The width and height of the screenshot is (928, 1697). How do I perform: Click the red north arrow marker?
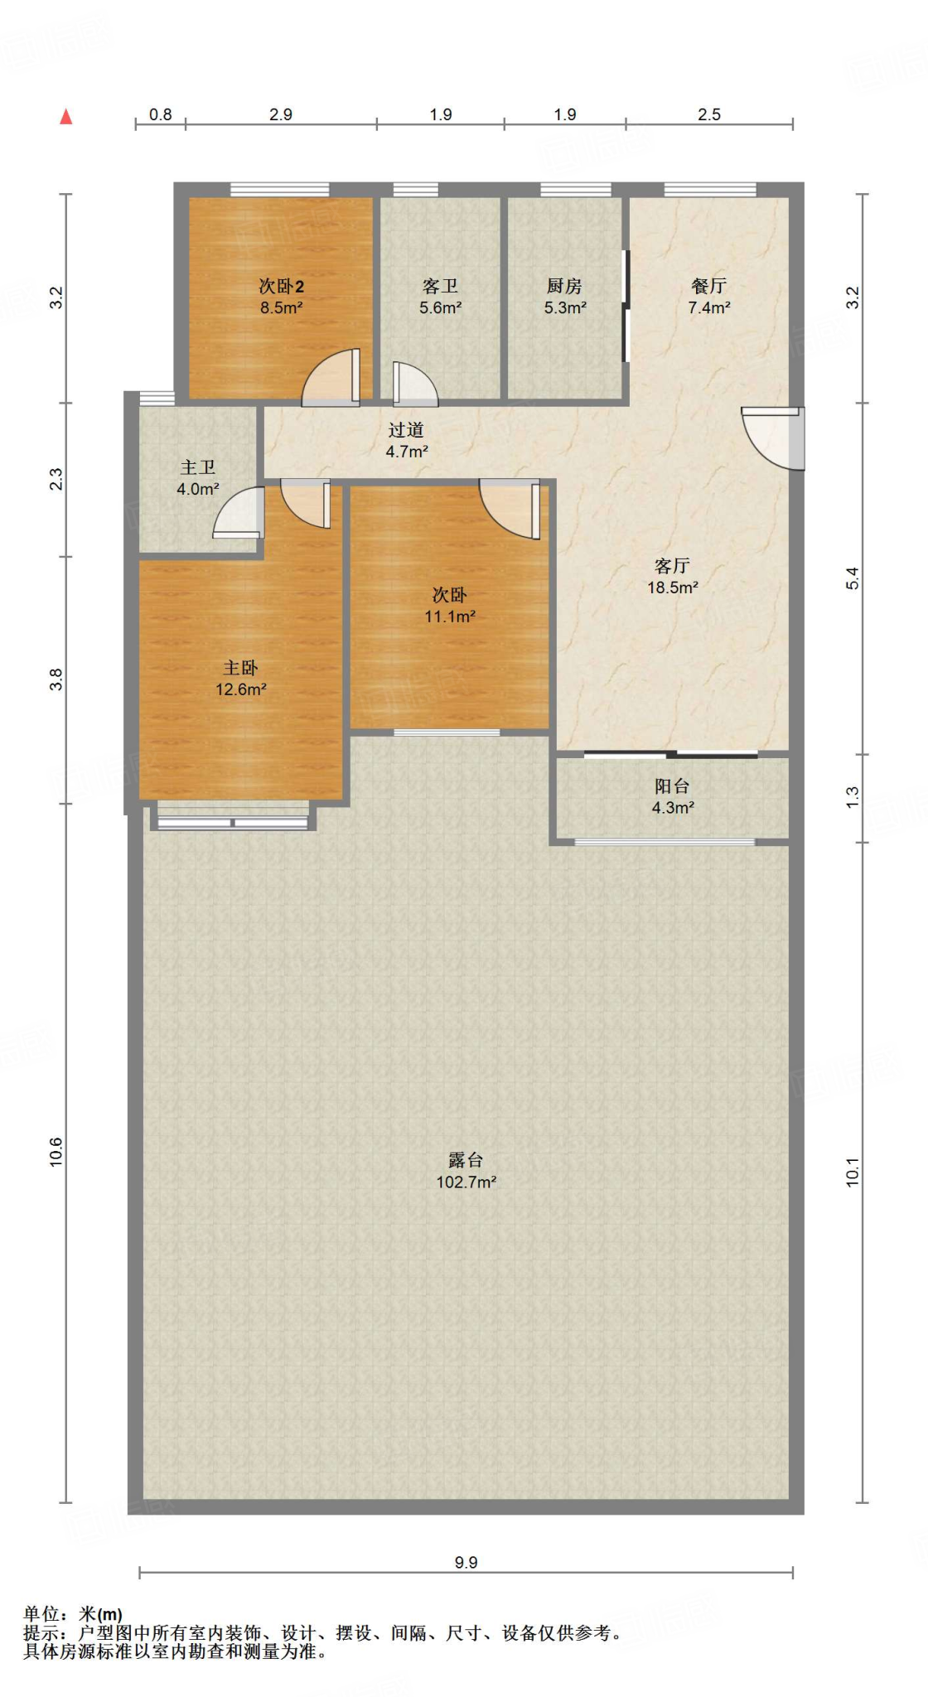pyautogui.click(x=66, y=117)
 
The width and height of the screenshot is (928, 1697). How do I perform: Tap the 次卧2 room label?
pyautogui.click(x=281, y=296)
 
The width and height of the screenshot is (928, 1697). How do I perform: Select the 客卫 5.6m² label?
pyautogui.click(x=440, y=296)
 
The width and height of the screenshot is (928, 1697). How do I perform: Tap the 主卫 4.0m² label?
pyautogui.click(x=198, y=478)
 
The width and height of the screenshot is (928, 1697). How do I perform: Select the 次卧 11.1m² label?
pyautogui.click(x=450, y=605)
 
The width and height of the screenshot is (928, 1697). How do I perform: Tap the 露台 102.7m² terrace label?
pyautogui.click(x=466, y=1170)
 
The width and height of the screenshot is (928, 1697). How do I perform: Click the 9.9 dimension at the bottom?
pyautogui.click(x=466, y=1562)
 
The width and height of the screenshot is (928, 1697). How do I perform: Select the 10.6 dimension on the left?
pyautogui.click(x=56, y=1153)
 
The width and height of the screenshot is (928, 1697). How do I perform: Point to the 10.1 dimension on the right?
pyautogui.click(x=853, y=1172)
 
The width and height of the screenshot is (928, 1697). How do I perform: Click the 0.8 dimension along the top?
pyautogui.click(x=161, y=114)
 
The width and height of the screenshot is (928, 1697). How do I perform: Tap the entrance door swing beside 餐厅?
pyautogui.click(x=773, y=438)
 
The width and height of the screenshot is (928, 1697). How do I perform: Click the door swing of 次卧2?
pyautogui.click(x=331, y=378)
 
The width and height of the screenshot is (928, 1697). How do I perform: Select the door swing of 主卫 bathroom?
pyautogui.click(x=239, y=512)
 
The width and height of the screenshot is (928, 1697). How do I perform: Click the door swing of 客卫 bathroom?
pyautogui.click(x=415, y=384)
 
